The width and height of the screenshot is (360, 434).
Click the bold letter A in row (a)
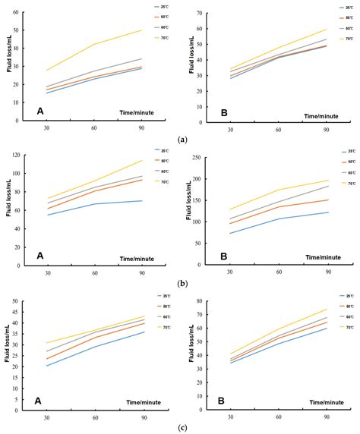(39, 111)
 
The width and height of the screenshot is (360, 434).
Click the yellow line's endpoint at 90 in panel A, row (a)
(142, 30)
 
